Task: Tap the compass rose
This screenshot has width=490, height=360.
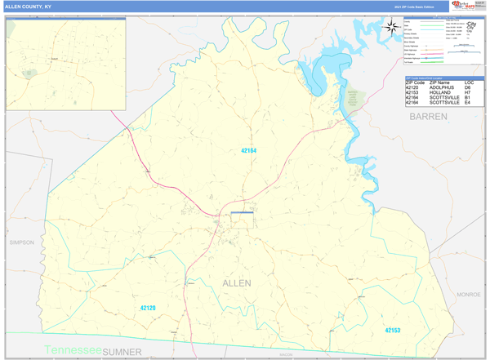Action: [392, 26]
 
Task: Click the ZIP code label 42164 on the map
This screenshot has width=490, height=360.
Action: [248, 150]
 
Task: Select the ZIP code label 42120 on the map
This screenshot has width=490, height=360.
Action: [148, 308]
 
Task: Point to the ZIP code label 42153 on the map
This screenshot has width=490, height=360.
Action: [393, 330]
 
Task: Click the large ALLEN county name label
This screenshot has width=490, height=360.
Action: [237, 282]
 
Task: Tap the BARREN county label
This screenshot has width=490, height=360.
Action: [428, 117]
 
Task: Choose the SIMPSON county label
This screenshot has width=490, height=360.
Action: [23, 242]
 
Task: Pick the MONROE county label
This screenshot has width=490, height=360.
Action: [469, 294]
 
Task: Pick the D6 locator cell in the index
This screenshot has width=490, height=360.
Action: [468, 88]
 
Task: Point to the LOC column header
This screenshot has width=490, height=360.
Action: [469, 83]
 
